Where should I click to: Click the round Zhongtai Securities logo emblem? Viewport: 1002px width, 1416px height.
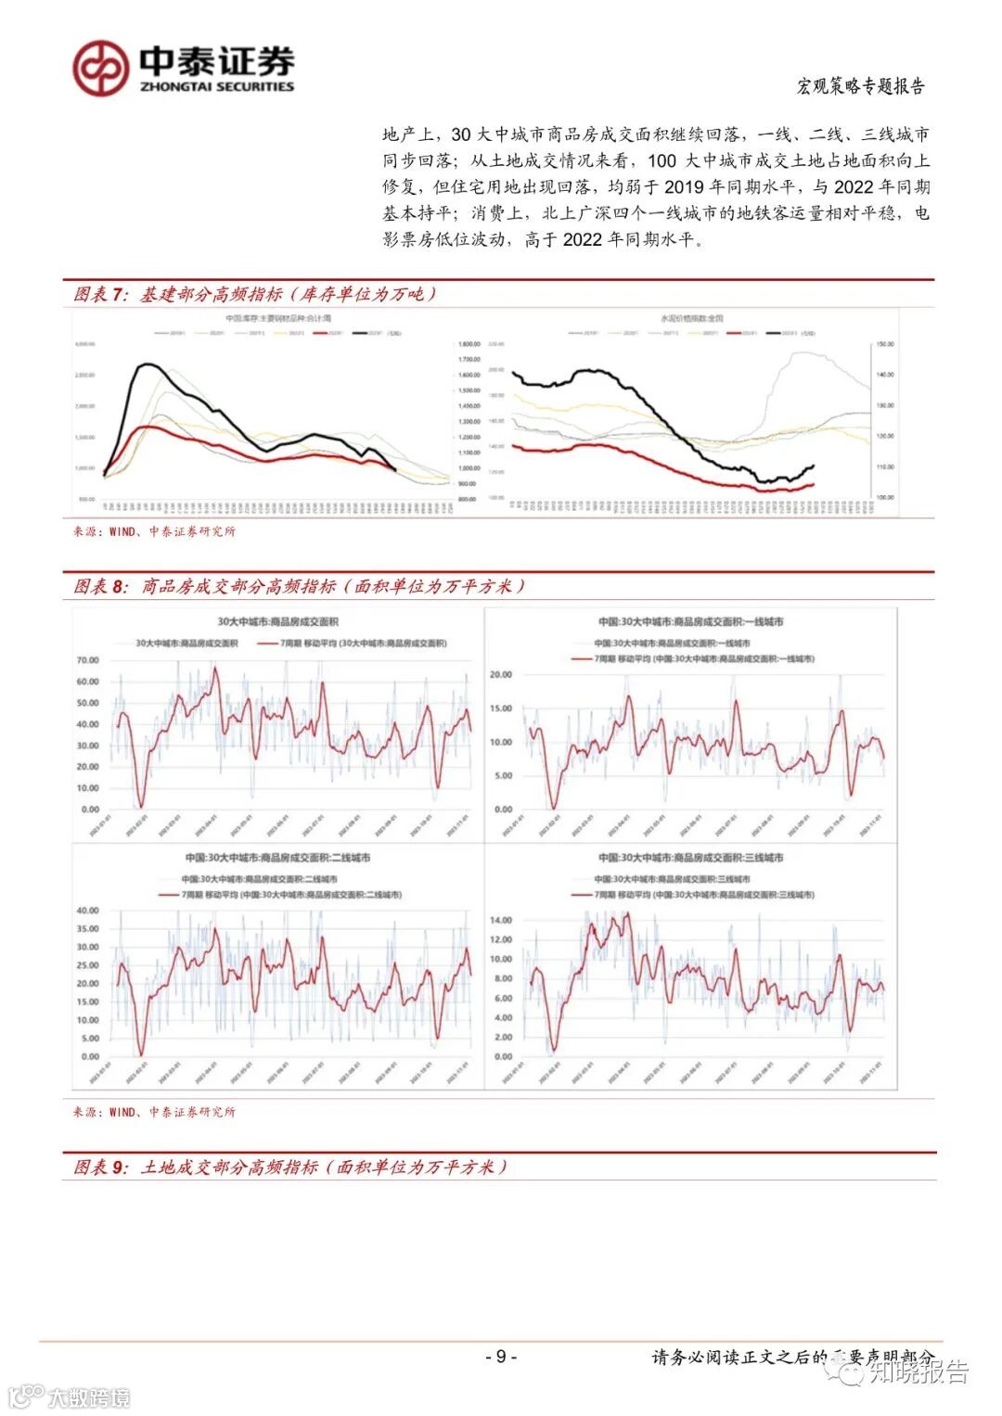(x=101, y=68)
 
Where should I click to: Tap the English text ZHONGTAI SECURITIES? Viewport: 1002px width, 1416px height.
(x=216, y=86)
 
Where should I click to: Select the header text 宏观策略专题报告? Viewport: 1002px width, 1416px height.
(x=861, y=86)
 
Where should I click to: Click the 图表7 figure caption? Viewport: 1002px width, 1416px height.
(x=254, y=295)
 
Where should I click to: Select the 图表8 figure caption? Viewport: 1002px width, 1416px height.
(x=300, y=587)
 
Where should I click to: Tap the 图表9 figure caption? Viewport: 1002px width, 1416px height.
(x=290, y=1167)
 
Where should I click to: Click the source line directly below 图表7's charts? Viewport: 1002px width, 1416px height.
(x=154, y=531)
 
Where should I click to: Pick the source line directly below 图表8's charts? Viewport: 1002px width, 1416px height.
(x=154, y=1112)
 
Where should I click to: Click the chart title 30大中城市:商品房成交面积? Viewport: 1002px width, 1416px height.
(x=278, y=622)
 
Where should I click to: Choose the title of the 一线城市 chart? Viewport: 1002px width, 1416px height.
(x=690, y=622)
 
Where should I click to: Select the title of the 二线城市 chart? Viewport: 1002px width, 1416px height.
(x=276, y=858)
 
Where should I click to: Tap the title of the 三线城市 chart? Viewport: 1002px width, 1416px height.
(x=690, y=858)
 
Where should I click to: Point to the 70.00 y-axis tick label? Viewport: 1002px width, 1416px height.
(x=87, y=660)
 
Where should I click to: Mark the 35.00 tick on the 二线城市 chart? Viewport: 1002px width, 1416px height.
(x=87, y=928)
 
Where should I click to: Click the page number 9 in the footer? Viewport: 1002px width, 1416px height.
(x=501, y=1357)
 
